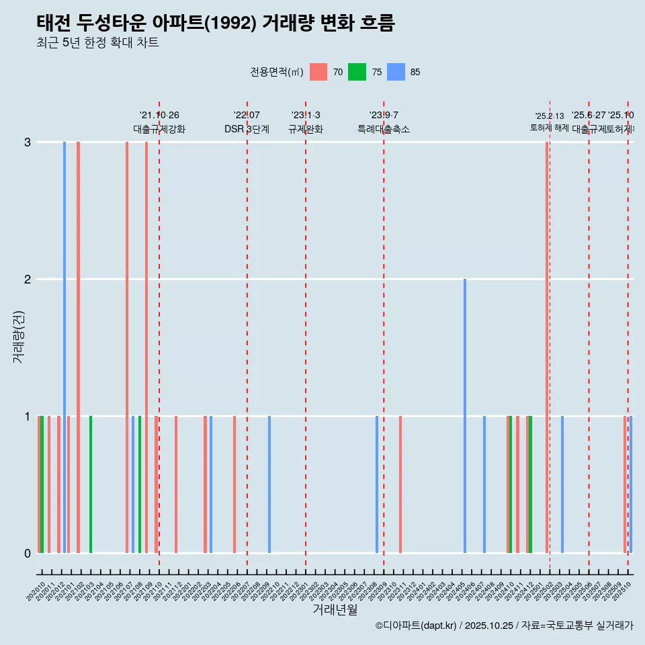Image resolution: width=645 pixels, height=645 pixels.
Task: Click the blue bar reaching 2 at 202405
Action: (x=465, y=417)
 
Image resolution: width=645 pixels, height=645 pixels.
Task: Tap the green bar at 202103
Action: (x=91, y=484)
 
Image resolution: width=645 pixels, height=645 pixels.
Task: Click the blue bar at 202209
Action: (x=269, y=484)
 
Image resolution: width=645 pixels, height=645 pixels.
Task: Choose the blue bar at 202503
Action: (x=562, y=484)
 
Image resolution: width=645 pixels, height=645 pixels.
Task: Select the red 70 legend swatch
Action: (x=318, y=72)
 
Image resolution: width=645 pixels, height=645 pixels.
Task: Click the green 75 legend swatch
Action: (x=357, y=72)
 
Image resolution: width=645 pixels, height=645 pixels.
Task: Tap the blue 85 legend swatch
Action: (x=397, y=72)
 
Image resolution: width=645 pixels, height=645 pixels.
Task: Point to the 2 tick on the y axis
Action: (x=27, y=279)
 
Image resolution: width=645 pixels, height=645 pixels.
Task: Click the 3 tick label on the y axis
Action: (x=27, y=142)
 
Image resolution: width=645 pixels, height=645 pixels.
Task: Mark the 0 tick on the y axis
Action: (x=27, y=554)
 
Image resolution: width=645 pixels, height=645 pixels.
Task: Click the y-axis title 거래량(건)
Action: (x=18, y=337)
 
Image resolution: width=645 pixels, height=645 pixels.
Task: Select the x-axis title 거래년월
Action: (x=335, y=609)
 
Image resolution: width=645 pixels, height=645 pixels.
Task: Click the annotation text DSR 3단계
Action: (x=247, y=129)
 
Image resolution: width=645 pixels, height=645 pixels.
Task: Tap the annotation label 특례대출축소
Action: (x=383, y=129)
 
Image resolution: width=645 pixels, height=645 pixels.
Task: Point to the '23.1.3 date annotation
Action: (x=306, y=116)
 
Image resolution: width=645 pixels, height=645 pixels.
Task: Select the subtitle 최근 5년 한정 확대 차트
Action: (x=97, y=43)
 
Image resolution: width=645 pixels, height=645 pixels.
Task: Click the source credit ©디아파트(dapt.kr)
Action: (x=417, y=626)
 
